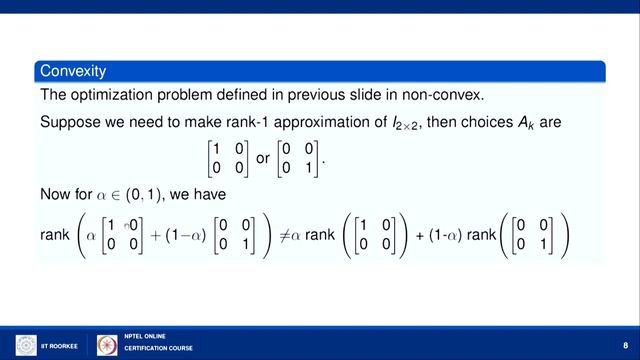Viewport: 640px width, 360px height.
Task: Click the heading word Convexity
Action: (73, 71)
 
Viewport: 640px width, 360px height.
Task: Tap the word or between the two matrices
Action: (263, 160)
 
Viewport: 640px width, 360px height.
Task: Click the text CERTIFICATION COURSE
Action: (158, 349)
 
